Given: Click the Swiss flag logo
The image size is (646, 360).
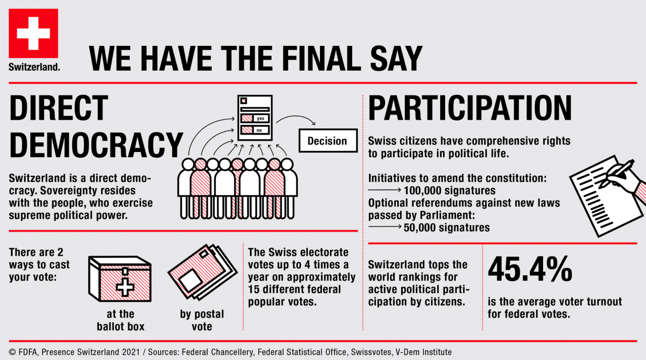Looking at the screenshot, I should [33, 33].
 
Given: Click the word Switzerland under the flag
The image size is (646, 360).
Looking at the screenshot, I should [34, 66].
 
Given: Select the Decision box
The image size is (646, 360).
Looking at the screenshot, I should [327, 141].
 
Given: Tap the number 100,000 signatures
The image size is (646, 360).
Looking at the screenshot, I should [449, 191].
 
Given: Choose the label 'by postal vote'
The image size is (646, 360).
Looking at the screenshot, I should [202, 320].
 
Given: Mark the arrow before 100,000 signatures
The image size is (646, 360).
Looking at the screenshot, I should [385, 191].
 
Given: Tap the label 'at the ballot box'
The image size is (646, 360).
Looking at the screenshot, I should [121, 320].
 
